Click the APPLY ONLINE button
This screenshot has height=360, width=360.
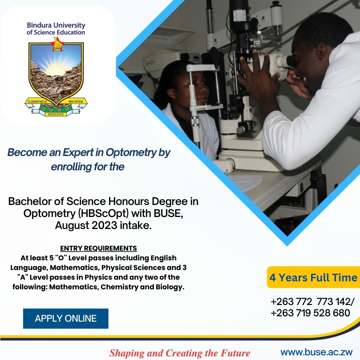pyautogui.click(x=66, y=318)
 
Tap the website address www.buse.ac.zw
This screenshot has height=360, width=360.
pyautogui.click(x=317, y=352)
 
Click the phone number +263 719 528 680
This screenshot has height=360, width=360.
pyautogui.click(x=310, y=313)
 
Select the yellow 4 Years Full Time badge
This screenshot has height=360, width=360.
pyautogui.click(x=313, y=277)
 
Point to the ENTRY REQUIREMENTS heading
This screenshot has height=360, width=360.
pyautogui.click(x=98, y=248)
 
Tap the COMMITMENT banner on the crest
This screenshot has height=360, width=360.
pyautogui.click(x=37, y=101)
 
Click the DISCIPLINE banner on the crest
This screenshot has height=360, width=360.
pyautogui.click(x=76, y=101)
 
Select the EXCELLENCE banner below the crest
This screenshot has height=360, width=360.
pyautogui.click(x=56, y=114)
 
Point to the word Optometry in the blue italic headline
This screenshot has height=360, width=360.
pyautogui.click(x=131, y=153)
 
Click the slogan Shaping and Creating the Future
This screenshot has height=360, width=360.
pyautogui.click(x=180, y=353)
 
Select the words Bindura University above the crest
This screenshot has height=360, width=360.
pyautogui.click(x=56, y=25)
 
